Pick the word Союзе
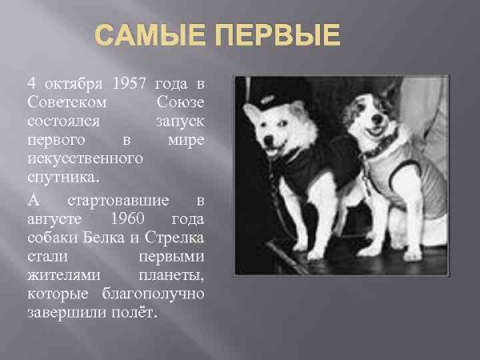point(181,102)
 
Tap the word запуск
point(180,121)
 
